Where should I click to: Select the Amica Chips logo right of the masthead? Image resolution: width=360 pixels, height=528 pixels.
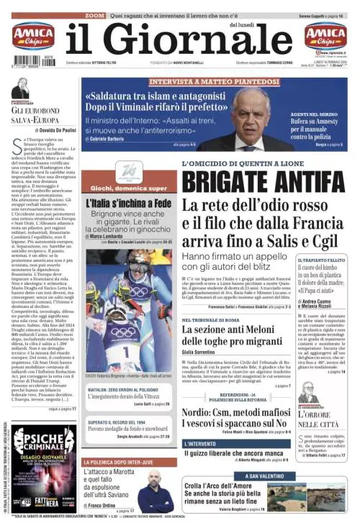point(325,36)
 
